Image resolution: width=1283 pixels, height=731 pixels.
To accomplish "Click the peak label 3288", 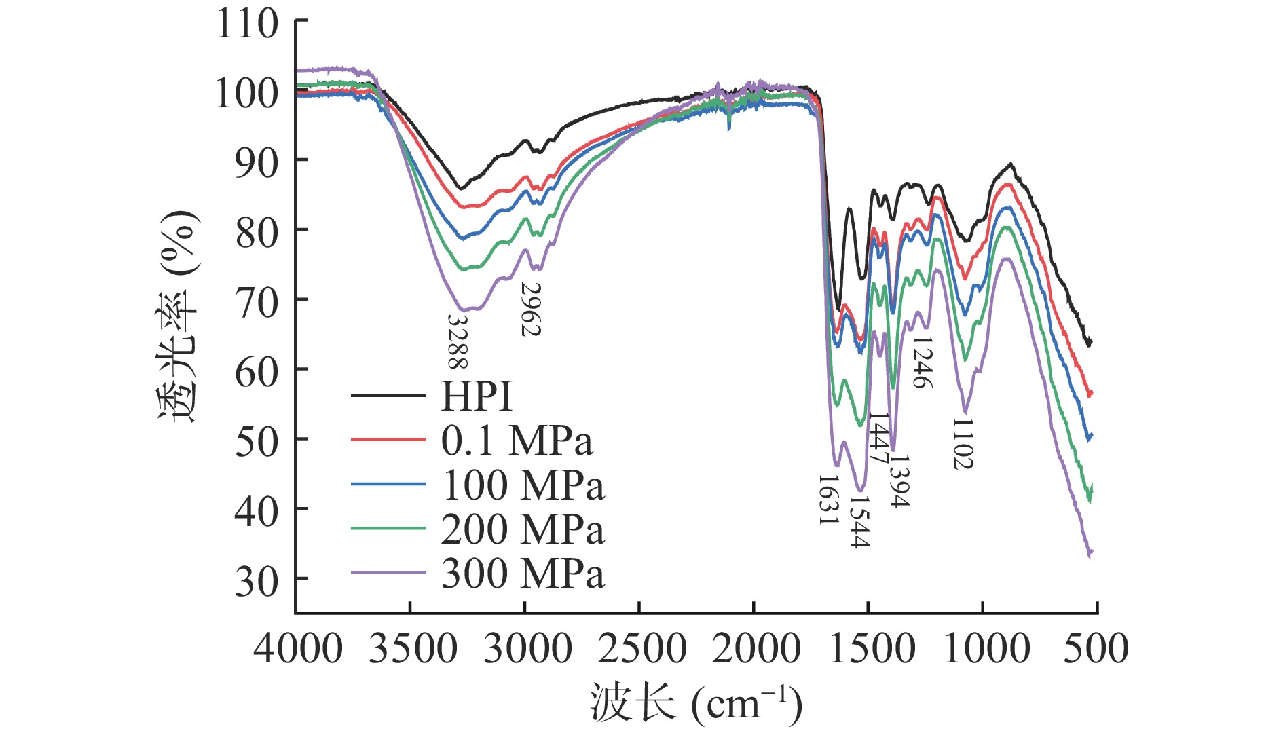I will click(458, 341).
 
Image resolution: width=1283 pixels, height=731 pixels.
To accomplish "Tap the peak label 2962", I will click(531, 310).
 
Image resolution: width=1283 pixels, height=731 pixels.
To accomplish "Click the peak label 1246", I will click(921, 362).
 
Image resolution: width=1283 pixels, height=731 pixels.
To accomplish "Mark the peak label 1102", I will click(963, 444).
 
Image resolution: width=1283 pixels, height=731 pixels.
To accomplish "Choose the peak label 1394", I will click(899, 481).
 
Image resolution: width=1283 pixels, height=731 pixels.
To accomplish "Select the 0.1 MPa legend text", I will click(517, 441).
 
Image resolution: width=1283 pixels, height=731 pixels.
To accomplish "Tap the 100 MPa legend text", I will click(523, 485).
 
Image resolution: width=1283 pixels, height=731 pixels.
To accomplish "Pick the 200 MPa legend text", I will click(523, 529).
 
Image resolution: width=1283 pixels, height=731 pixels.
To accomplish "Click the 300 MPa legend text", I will click(523, 574).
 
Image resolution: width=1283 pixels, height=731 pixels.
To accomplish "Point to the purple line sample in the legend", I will click(388, 574).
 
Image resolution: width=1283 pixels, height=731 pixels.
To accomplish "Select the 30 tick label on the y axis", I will click(257, 581).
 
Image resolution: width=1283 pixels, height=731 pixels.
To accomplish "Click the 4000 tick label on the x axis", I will click(298, 648).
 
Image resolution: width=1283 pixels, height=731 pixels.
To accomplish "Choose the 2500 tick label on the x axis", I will click(641, 648).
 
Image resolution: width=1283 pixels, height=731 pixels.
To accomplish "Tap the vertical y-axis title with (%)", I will click(179, 316).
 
